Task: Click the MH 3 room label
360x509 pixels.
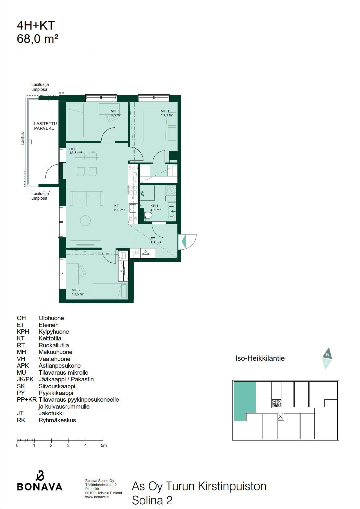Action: coord(115,111)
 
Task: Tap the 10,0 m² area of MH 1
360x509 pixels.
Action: coord(167,115)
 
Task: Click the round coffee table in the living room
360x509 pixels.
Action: coord(86,220)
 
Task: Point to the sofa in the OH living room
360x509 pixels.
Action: coord(87,198)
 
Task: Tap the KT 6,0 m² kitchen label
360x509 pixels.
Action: coord(120,208)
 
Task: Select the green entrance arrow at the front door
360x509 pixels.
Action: coord(183,241)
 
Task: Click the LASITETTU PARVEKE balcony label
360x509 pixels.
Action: coord(45,126)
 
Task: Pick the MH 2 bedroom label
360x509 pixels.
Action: coord(76,290)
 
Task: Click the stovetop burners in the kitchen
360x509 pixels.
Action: coord(133,189)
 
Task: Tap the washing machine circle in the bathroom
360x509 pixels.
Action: coord(171,190)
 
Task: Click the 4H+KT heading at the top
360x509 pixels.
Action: coord(36,26)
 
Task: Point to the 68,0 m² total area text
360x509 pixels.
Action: coord(38,39)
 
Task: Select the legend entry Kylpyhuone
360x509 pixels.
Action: coord(54,332)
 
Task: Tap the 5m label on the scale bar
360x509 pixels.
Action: coord(104,445)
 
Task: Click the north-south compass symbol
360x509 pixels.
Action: coord(327,358)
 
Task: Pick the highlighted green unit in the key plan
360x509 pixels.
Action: coord(245,401)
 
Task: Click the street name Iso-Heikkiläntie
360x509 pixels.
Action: coord(260,358)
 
